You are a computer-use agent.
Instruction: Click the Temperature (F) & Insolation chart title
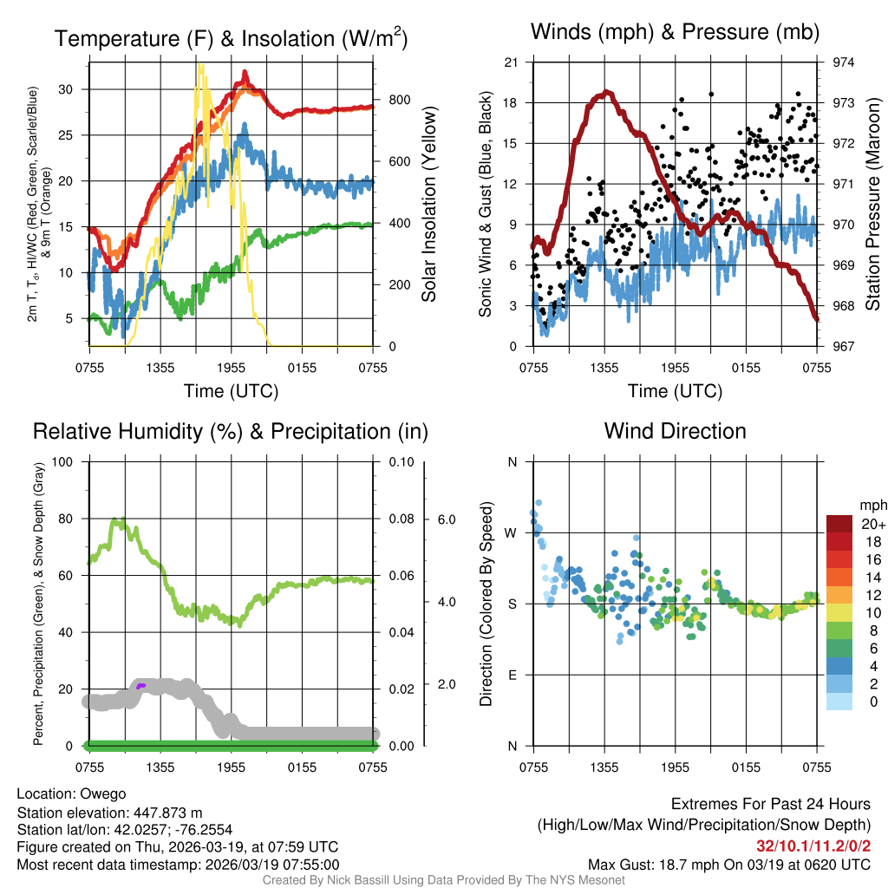[231, 39]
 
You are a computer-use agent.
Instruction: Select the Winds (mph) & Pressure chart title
[675, 33]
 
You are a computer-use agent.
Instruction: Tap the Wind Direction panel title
[675, 431]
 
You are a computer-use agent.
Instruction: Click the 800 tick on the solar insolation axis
[399, 100]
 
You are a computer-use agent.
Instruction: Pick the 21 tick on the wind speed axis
[511, 62]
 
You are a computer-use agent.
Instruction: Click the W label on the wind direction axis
[512, 532]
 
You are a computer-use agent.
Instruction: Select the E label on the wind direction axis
[513, 675]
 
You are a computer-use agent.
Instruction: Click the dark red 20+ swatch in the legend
[841, 524]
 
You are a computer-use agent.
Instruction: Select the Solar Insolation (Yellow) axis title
[428, 204]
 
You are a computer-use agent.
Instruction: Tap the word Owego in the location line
[103, 794]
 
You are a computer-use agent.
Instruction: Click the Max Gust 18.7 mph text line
[729, 864]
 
